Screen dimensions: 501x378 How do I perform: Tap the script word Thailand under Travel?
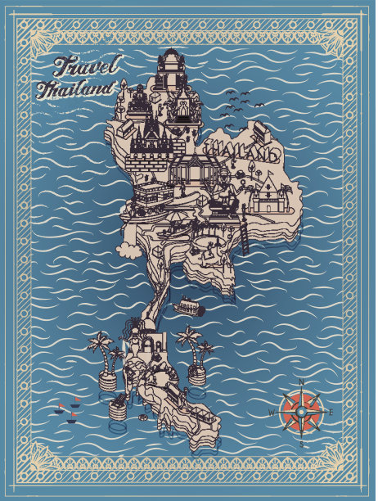(x=74, y=88)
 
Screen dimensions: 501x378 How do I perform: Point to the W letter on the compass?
(x=272, y=413)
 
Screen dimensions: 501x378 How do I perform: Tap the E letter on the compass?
(x=330, y=412)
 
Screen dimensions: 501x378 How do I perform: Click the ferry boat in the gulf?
(x=190, y=307)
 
